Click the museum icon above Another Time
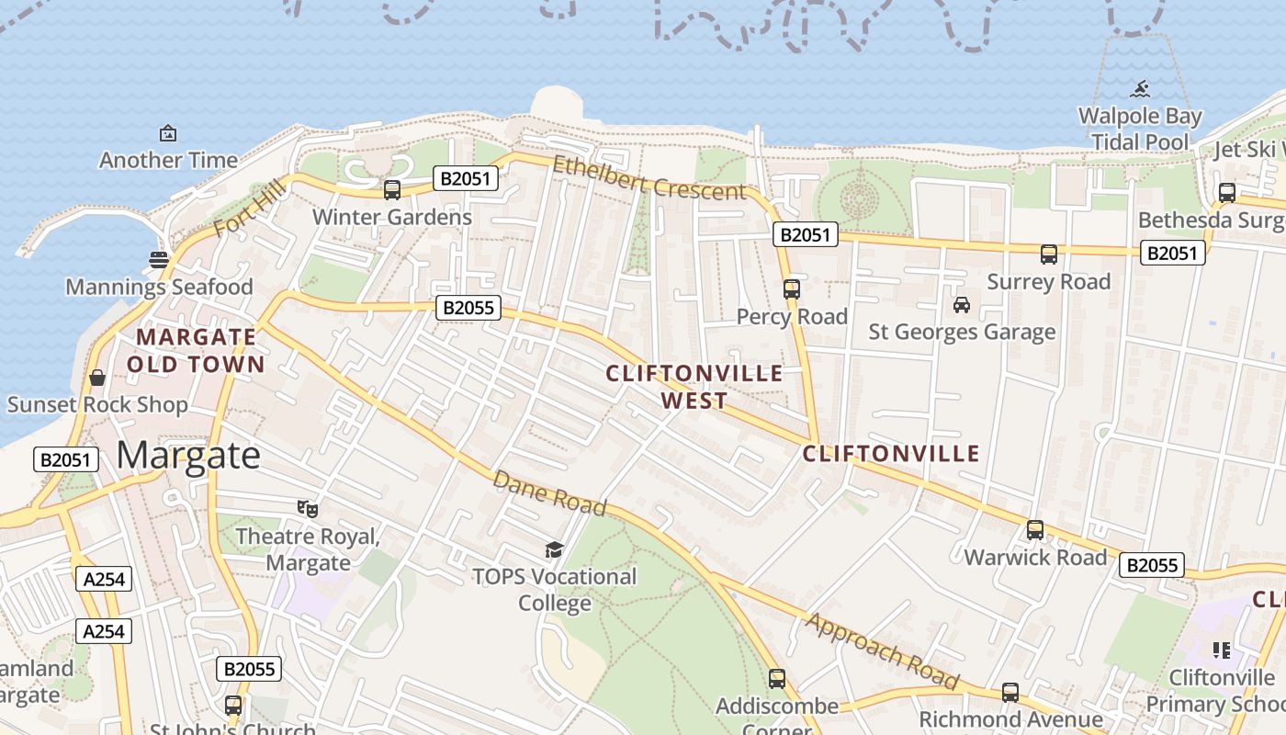[x=168, y=133]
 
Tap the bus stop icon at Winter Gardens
[x=392, y=190]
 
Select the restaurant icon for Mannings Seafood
[x=158, y=259]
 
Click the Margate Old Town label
[x=196, y=350]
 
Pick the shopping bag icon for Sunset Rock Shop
[x=97, y=378]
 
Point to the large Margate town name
[x=189, y=455]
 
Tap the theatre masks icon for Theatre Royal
[x=308, y=508]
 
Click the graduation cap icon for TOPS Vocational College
[x=554, y=549]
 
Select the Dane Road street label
[x=549, y=493]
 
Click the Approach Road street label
[x=882, y=651]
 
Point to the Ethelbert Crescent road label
[x=649, y=178]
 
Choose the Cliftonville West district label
[x=694, y=386]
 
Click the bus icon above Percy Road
[x=792, y=289]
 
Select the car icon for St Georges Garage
[x=962, y=305]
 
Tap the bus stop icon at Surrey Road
[x=1049, y=254]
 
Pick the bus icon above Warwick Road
[x=1035, y=530]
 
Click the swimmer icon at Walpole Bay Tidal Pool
[x=1140, y=89]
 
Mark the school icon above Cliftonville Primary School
[x=1222, y=650]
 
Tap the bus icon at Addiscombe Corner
[x=777, y=679]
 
